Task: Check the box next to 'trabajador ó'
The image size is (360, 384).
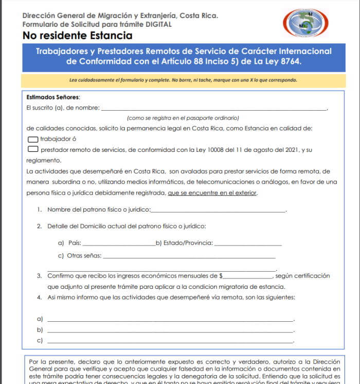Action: pyautogui.click(x=32, y=139)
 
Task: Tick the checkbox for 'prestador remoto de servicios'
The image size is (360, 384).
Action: pyautogui.click(x=33, y=150)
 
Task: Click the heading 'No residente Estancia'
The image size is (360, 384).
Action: pyautogui.click(x=77, y=36)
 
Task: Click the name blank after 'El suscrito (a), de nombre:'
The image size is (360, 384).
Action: pyautogui.click(x=213, y=108)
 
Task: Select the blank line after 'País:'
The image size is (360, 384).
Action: pyautogui.click(x=118, y=243)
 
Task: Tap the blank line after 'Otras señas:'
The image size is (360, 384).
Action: pyautogui.click(x=189, y=256)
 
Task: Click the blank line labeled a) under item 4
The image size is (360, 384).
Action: pyautogui.click(x=170, y=320)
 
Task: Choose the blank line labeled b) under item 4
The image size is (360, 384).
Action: pyautogui.click(x=170, y=330)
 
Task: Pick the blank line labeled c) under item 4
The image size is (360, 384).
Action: pyautogui.click(x=170, y=341)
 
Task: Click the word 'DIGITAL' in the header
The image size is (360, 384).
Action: pyautogui.click(x=155, y=24)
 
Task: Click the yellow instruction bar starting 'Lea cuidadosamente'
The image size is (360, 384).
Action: pyautogui.click(x=183, y=80)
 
